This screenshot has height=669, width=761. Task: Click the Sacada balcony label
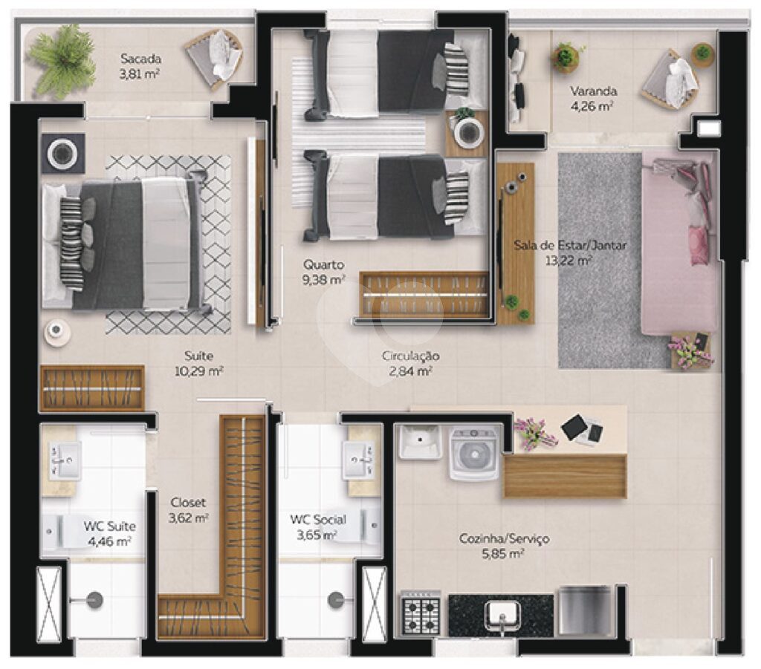pyautogui.click(x=140, y=59)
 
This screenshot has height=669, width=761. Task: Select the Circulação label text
pyautogui.click(x=410, y=356)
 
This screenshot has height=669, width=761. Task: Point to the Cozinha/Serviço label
pyautogui.click(x=505, y=538)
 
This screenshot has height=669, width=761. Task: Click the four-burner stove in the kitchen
pyautogui.click(x=421, y=614)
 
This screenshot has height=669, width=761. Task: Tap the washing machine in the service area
pyautogui.click(x=474, y=453)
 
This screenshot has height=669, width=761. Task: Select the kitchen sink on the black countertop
pyautogui.click(x=502, y=615)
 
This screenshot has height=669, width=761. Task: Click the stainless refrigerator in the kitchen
pyautogui.click(x=585, y=611)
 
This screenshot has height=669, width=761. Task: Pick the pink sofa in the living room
pyautogui.click(x=679, y=247)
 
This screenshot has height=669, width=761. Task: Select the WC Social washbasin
pyautogui.click(x=359, y=460)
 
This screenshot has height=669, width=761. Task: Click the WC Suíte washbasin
pyautogui.click(x=65, y=460)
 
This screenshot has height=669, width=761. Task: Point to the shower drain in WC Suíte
pyautogui.click(x=94, y=600)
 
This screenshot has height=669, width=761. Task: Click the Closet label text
pyautogui.click(x=188, y=503)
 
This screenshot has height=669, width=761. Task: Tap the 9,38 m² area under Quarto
pyautogui.click(x=324, y=280)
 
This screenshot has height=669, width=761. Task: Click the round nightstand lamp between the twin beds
pyautogui.click(x=469, y=131)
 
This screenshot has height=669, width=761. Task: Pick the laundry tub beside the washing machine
pyautogui.click(x=420, y=441)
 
